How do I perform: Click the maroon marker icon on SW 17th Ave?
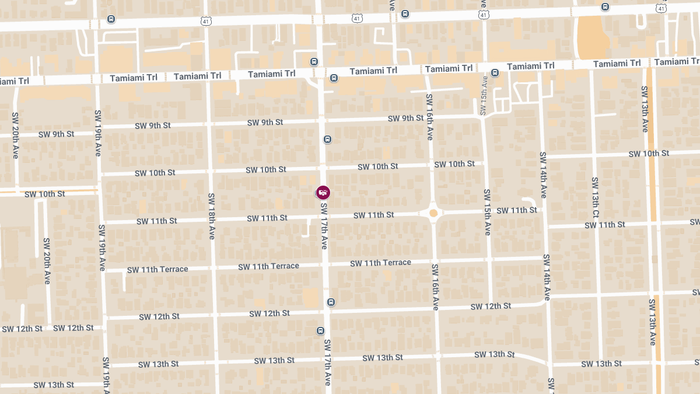point(323,192)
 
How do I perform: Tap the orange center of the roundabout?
point(433,213)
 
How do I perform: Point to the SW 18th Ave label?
point(211,216)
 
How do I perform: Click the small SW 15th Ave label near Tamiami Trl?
point(484,95)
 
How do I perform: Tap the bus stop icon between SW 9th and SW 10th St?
point(327,140)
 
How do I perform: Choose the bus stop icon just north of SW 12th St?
point(331,302)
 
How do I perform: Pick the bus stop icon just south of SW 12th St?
point(320,331)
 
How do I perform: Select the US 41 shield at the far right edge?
point(660,8)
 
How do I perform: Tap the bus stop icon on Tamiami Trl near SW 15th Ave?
point(495,73)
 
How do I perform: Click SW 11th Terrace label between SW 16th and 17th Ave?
point(380,263)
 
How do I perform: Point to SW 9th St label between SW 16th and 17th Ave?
point(405,118)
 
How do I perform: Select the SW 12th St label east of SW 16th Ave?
point(491,306)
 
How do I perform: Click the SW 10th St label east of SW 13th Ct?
point(649,154)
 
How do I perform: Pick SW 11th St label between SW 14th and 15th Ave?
point(516,210)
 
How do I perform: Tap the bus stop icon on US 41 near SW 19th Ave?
point(111,19)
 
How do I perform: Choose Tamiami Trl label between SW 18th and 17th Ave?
point(272,74)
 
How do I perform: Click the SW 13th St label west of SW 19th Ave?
point(54,385)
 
